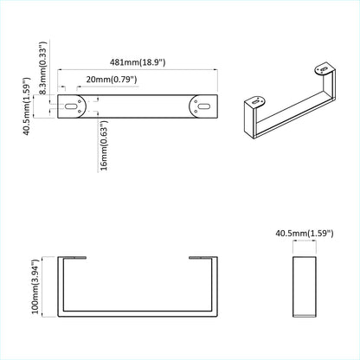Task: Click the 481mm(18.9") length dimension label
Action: [138, 62]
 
